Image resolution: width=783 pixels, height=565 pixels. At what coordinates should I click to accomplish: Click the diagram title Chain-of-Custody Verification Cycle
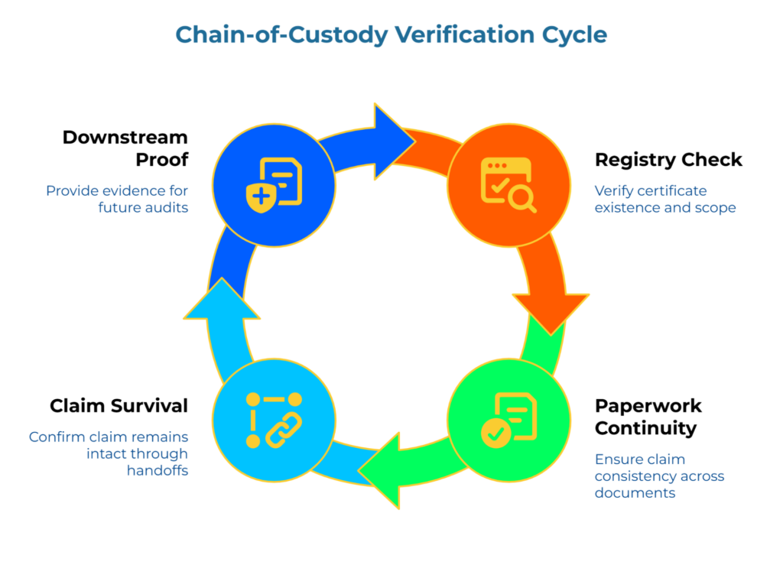(391, 34)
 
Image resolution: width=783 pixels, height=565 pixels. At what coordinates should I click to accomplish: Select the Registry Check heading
(668, 160)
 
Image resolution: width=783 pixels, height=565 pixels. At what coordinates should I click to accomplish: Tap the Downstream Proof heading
(125, 148)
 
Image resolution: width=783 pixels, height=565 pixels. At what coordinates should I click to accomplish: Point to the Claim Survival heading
(119, 405)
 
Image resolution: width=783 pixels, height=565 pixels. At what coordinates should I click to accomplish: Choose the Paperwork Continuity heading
(648, 417)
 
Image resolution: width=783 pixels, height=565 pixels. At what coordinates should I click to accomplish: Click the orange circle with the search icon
(508, 184)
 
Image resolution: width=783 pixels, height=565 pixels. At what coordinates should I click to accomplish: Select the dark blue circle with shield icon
(274, 184)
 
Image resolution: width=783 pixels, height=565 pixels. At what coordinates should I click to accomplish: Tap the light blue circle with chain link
(274, 420)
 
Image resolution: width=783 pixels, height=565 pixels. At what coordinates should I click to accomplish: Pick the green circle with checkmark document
(508, 420)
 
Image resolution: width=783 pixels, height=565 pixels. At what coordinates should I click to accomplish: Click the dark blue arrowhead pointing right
(392, 141)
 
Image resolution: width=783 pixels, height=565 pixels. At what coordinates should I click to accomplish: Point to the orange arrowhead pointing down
(551, 310)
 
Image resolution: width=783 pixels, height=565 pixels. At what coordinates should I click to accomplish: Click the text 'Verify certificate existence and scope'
(664, 199)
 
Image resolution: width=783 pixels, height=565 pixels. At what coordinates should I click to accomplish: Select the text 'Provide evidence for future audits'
(116, 199)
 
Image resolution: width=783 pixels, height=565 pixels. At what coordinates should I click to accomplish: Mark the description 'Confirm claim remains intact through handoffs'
(108, 454)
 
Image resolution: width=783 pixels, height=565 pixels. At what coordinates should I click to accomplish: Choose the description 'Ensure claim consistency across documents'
(659, 476)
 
